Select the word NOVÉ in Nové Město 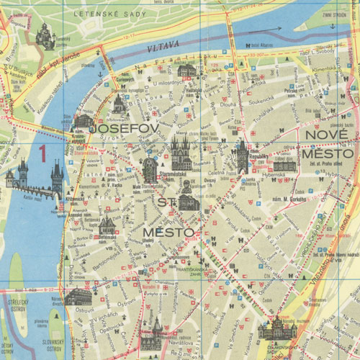point(323,135)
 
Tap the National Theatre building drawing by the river point(78,297)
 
